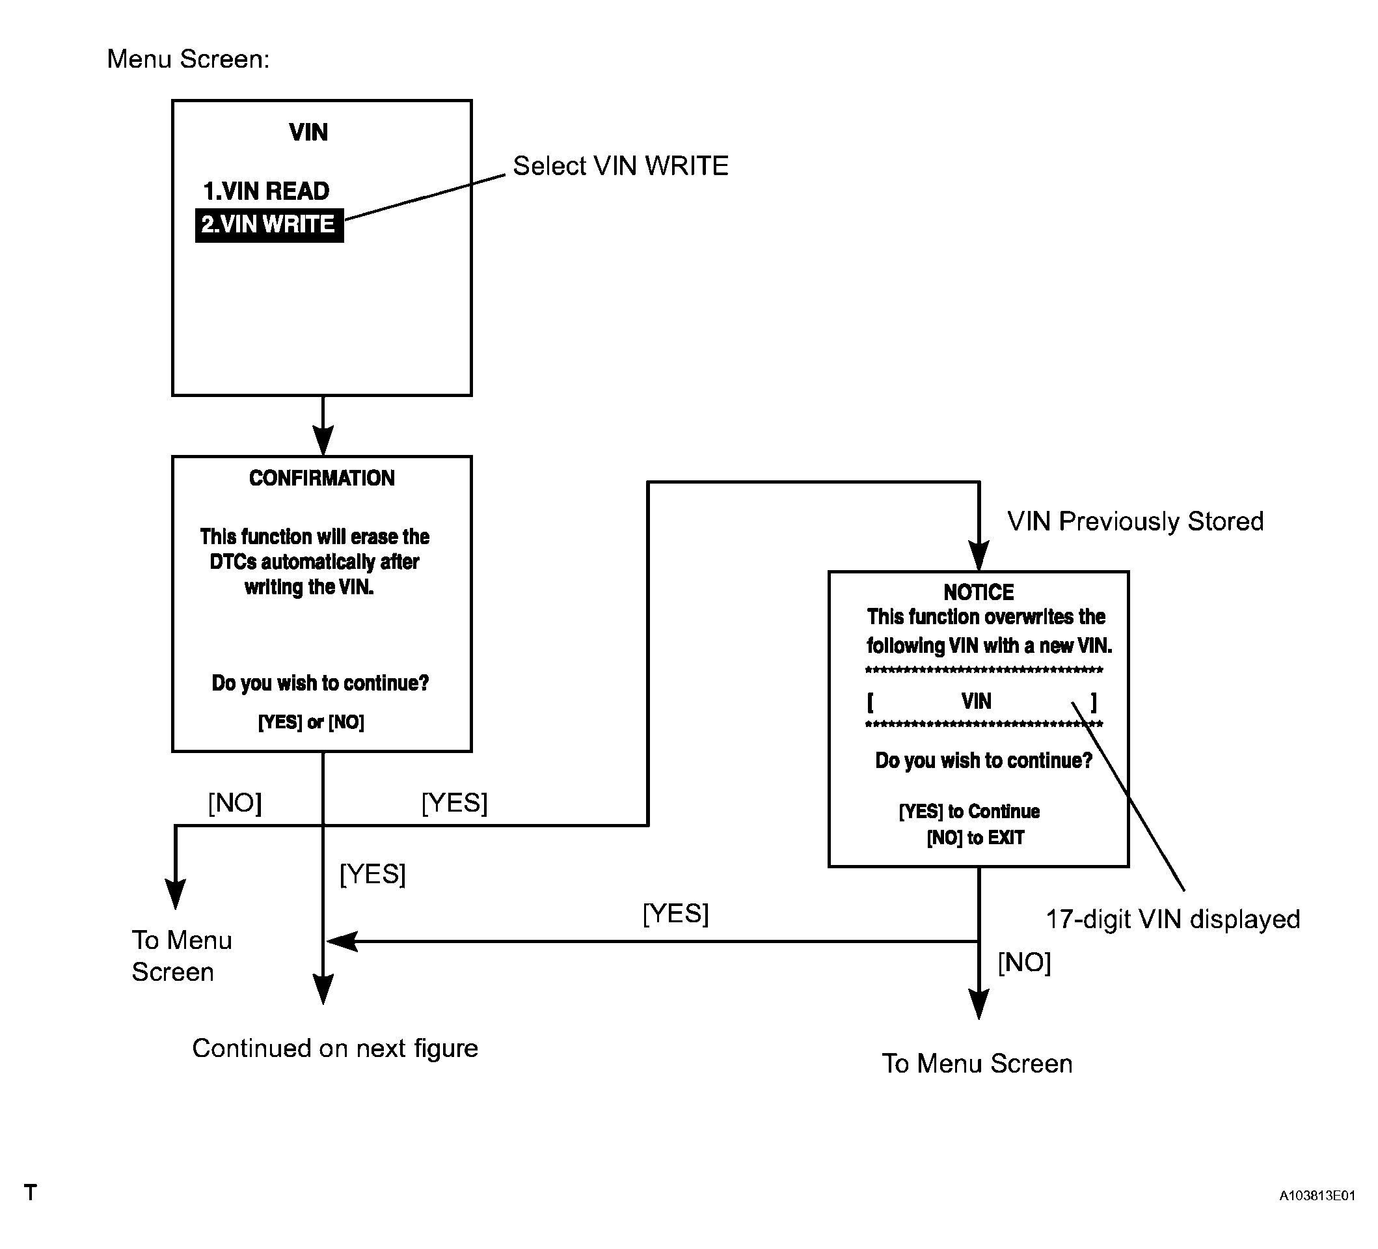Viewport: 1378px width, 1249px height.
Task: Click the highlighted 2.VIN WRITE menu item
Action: pos(269,225)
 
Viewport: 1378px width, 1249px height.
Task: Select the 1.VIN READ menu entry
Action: pos(266,191)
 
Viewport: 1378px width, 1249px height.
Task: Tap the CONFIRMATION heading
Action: pos(322,478)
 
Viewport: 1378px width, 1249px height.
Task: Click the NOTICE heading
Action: pos(978,592)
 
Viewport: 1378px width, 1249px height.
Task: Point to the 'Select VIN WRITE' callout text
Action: pos(621,166)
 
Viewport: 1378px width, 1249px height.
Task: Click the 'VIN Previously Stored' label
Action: pos(1135,521)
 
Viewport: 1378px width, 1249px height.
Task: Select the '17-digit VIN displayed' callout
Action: pos(1173,920)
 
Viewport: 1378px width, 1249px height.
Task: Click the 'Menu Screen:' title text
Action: pos(189,59)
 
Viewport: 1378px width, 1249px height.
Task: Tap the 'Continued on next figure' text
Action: pos(335,1048)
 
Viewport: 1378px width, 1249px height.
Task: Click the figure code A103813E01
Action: pos(1317,1196)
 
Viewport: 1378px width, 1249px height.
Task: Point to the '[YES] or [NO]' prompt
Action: pos(311,722)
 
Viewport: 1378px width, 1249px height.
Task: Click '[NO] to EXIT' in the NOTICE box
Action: pos(975,838)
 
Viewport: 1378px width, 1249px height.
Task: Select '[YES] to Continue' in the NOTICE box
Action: pos(969,812)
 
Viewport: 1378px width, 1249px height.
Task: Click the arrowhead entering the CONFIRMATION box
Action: pos(323,441)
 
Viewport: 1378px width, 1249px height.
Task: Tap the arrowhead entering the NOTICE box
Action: pos(979,556)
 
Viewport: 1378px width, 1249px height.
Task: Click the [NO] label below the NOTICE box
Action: pos(1024,963)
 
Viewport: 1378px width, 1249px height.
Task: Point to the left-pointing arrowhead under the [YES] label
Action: pos(342,941)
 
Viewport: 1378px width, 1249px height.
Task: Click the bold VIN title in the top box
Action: pos(308,133)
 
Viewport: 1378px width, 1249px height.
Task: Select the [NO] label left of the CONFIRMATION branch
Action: pos(234,803)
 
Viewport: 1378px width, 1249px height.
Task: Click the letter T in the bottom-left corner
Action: pos(30,1192)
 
